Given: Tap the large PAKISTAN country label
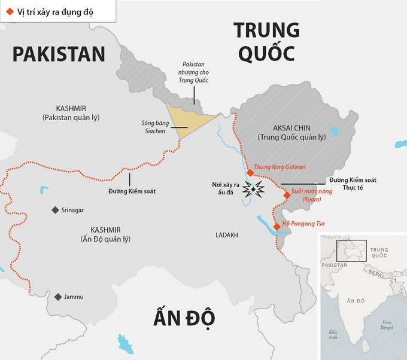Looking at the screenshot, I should (59, 54).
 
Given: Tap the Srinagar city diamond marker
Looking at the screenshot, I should (55, 210).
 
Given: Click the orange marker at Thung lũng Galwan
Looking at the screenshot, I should (250, 172).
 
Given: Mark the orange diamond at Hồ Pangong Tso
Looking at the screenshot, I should (277, 226).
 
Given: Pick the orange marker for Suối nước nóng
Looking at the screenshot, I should (285, 193).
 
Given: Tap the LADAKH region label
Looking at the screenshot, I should (227, 235).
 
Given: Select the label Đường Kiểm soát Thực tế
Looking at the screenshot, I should (349, 184).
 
